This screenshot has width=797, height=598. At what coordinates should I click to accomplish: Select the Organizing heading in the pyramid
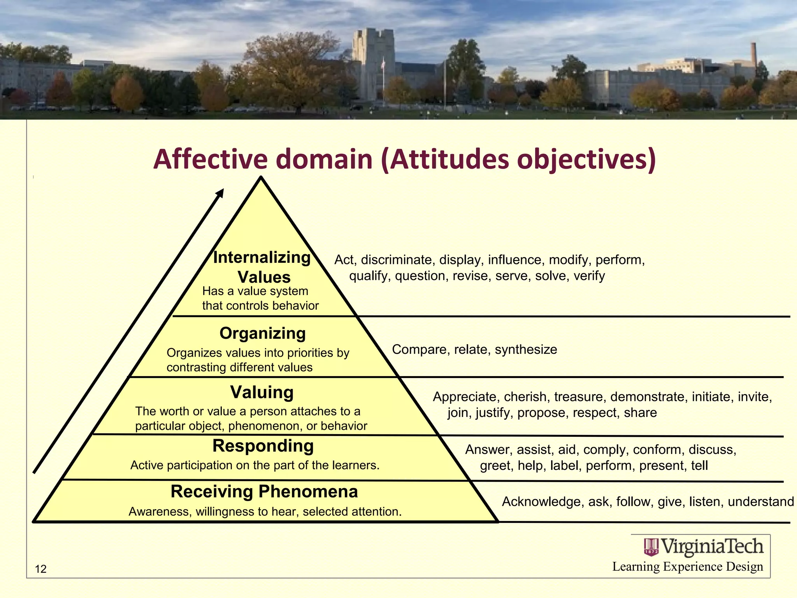click(x=263, y=334)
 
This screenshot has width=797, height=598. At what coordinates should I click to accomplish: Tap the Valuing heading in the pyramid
click(x=262, y=392)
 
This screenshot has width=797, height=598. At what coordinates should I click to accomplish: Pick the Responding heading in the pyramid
click(x=263, y=446)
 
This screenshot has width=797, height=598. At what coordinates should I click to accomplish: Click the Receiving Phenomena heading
click(x=264, y=492)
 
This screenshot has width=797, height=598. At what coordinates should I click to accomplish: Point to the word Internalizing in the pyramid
click(x=262, y=258)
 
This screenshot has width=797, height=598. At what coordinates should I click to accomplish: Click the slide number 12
click(x=40, y=569)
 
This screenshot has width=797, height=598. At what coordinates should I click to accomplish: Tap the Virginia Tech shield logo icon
click(x=651, y=547)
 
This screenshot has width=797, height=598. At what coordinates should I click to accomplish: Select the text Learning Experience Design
click(x=688, y=567)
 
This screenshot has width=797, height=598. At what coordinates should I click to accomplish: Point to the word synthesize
click(x=526, y=350)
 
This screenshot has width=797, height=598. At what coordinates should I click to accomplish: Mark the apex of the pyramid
click(x=261, y=178)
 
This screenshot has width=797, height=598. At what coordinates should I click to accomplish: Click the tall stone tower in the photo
click(x=373, y=62)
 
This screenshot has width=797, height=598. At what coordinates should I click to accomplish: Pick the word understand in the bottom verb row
click(x=760, y=502)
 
